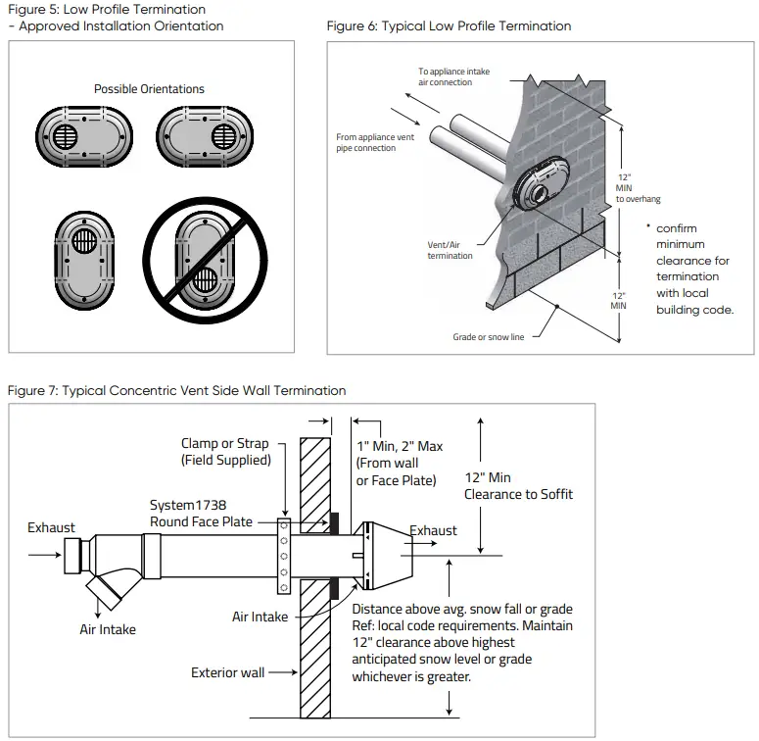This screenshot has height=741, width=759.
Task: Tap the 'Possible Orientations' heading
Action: (x=149, y=89)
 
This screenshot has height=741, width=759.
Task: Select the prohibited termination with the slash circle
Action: (x=206, y=259)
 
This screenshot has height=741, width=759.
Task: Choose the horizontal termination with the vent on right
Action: (x=207, y=134)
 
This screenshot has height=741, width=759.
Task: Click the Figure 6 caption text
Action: (x=449, y=26)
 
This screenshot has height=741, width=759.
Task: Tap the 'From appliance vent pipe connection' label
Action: (x=374, y=143)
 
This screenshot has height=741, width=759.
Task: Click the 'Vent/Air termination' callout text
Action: (x=450, y=250)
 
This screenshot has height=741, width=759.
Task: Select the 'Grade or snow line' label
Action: (x=488, y=337)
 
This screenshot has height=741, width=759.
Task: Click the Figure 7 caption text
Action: (x=176, y=390)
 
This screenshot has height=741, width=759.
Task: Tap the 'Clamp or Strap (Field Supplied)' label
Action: (x=225, y=452)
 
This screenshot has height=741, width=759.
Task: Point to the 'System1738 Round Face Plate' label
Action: (x=201, y=514)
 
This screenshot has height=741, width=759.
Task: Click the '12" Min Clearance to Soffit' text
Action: (x=519, y=485)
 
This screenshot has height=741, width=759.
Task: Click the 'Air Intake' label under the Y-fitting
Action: (x=108, y=629)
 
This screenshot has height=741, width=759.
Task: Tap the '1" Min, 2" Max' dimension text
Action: (x=400, y=446)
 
